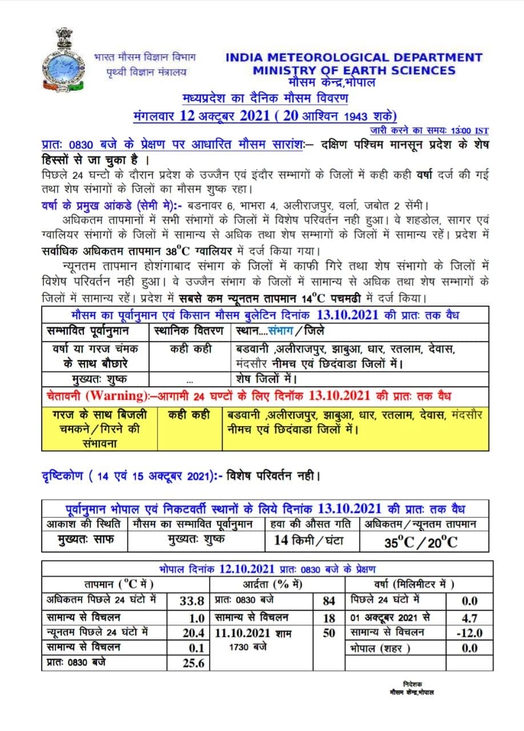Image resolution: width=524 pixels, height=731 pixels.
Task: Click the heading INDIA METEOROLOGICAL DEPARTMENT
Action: point(354,57)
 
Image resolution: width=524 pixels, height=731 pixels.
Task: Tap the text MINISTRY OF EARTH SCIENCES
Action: point(354,70)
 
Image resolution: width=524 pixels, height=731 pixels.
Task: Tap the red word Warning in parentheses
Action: point(113,396)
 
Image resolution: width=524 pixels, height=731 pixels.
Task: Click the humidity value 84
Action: point(329,601)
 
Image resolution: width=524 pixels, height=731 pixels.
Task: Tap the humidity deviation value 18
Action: point(329,617)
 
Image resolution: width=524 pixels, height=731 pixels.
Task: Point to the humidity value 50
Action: point(329,633)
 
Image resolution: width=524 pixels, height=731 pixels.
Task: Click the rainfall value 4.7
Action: point(471,617)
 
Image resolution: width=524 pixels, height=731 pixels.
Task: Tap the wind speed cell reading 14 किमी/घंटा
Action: point(308,540)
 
